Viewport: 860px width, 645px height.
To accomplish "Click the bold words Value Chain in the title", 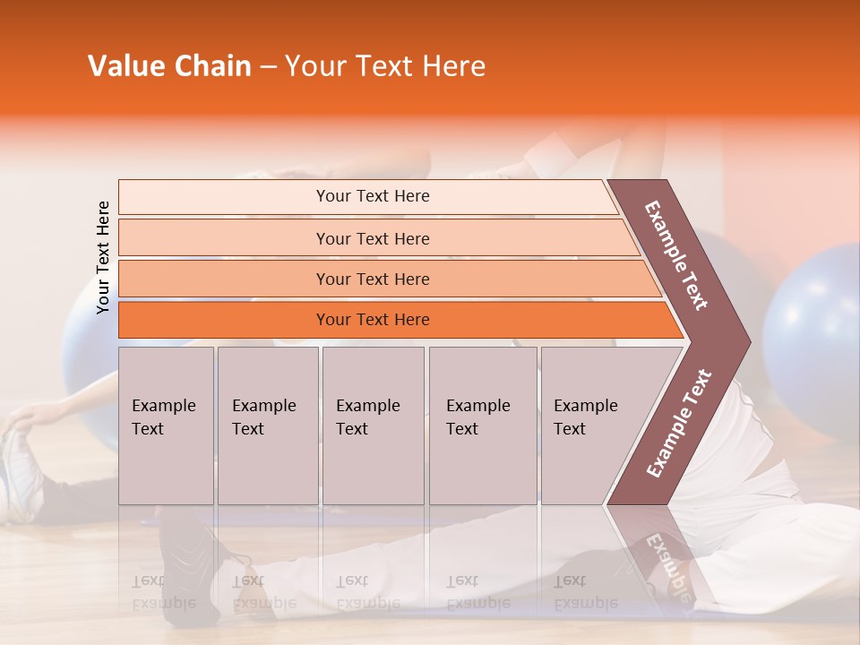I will (169, 66).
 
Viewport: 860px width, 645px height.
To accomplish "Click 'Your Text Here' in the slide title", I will (385, 66).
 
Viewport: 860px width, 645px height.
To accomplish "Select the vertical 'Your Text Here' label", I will (103, 257).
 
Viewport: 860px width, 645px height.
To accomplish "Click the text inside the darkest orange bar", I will (373, 320).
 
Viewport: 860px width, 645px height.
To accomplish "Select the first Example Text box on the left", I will (166, 426).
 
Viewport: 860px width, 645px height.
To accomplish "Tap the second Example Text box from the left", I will (268, 426).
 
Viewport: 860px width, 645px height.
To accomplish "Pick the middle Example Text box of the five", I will (373, 426).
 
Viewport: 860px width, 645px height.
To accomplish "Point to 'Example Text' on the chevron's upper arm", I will (676, 255).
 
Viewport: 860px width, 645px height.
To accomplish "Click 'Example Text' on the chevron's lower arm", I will (679, 424).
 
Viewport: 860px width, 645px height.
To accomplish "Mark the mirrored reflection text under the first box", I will (163, 592).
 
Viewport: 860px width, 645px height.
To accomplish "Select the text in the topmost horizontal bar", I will (373, 196).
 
